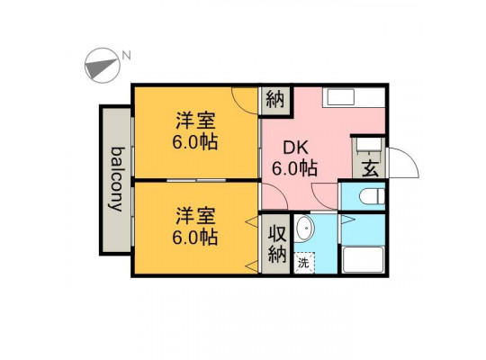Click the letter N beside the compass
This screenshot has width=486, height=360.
tap(126, 56)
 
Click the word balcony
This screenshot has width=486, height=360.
tap(116, 179)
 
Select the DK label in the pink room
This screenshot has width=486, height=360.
tap(296, 148)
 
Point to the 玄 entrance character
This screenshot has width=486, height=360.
tap(371, 169)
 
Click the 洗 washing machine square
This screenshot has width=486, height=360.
tap(304, 263)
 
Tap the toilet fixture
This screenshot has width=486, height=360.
tap(372, 195)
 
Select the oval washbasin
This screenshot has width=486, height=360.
tap(305, 229)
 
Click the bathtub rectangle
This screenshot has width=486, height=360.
tap(364, 260)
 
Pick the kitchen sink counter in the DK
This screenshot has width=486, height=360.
tap(354, 97)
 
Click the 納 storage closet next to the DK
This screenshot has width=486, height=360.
tap(275, 100)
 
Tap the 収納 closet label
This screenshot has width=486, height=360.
tap(276, 244)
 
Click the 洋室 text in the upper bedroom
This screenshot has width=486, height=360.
tap(195, 121)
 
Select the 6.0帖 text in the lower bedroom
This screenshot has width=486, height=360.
tap(195, 238)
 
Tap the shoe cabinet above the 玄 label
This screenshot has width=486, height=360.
tap(369, 145)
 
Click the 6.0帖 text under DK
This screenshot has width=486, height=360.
tap(294, 168)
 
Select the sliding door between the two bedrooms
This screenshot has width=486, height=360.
tap(196, 180)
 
